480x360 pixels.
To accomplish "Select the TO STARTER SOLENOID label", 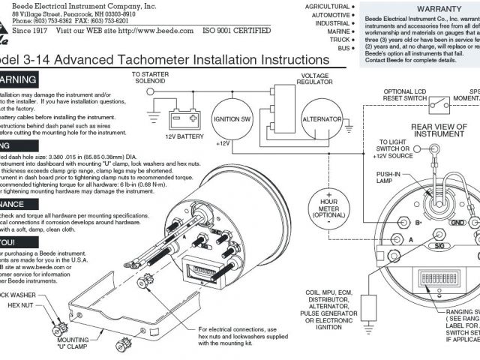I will (151, 78).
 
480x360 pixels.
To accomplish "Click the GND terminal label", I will (456, 223).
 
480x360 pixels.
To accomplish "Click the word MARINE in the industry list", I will (334, 32).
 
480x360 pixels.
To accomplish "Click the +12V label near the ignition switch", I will (223, 142).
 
